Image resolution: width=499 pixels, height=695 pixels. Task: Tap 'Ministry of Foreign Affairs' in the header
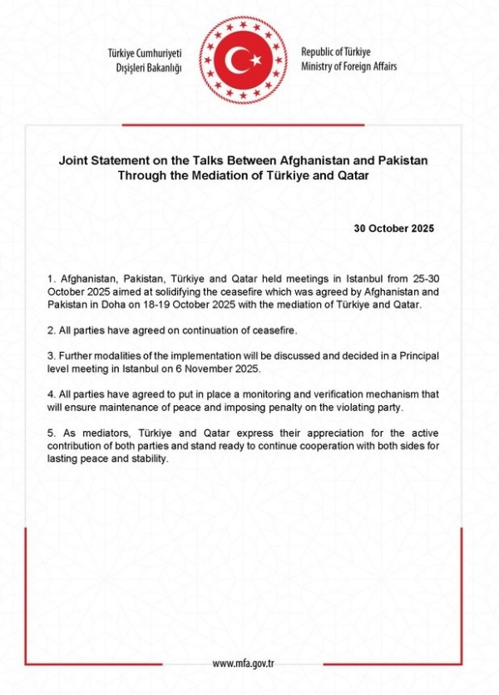[x=349, y=66]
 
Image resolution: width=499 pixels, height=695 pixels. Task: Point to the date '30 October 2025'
[x=394, y=228]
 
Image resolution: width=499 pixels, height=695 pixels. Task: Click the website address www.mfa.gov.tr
[x=243, y=663]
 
